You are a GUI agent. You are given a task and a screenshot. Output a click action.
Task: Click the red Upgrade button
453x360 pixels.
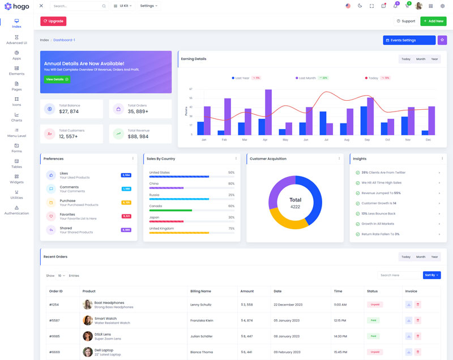point(53,21)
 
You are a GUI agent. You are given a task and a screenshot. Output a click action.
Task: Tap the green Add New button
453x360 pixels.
point(433,21)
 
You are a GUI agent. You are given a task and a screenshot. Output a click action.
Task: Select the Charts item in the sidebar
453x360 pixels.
point(16,117)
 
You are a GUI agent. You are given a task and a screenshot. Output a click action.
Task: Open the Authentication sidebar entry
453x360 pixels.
point(16,210)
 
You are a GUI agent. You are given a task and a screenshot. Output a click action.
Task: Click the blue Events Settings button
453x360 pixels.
point(409,40)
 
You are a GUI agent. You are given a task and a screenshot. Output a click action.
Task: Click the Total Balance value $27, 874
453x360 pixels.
point(69,112)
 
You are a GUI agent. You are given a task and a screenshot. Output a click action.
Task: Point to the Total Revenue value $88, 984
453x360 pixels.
point(138,136)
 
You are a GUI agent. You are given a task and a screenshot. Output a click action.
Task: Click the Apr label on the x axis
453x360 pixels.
point(265,139)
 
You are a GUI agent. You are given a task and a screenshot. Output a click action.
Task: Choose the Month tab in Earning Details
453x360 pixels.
point(421,59)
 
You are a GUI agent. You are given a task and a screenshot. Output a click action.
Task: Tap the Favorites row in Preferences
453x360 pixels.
point(71,216)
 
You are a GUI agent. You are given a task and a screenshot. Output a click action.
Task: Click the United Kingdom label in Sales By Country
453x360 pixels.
point(161,228)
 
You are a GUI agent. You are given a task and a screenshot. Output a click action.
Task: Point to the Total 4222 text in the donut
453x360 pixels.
point(295,203)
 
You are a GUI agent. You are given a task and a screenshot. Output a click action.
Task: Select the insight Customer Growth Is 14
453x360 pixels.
point(379,203)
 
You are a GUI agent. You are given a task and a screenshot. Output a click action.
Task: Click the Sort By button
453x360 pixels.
point(431,275)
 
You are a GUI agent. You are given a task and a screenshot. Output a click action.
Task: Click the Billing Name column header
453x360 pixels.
point(200,291)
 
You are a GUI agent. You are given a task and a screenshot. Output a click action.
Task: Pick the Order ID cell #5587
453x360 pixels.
point(54,320)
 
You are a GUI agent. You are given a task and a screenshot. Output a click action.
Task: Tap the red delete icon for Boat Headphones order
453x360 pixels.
point(418,305)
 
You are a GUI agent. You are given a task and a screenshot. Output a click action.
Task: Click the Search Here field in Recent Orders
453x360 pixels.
point(399,275)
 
